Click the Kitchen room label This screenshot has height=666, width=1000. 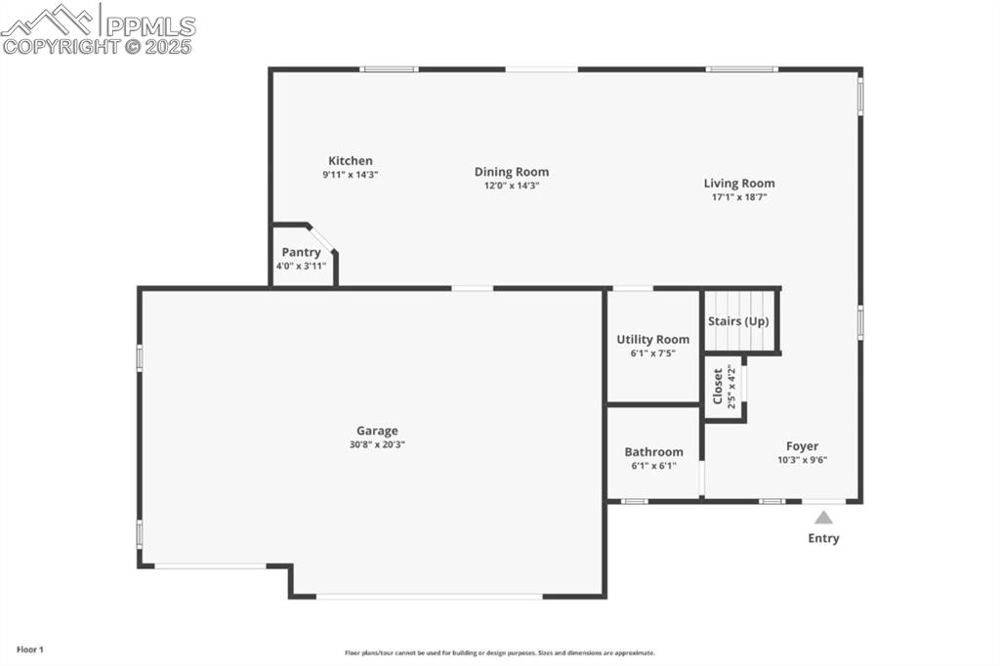point(350,161)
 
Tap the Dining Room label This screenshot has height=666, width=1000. point(512,172)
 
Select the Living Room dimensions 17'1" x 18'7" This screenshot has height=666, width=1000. point(739,196)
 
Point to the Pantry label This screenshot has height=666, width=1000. point(301,252)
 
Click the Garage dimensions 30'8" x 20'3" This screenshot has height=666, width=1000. point(377,444)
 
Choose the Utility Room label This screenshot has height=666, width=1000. point(652,340)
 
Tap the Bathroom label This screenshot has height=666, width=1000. point(653,452)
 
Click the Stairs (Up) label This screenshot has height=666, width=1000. point(738,321)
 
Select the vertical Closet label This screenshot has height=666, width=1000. point(718,386)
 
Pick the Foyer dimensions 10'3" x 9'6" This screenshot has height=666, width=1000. point(803,460)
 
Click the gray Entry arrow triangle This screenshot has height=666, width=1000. point(824,518)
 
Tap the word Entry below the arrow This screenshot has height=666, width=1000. point(823,538)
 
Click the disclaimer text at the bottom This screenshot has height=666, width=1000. point(499,653)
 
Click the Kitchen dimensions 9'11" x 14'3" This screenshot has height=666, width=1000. point(350,175)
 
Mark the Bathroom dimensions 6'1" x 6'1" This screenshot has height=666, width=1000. point(653,466)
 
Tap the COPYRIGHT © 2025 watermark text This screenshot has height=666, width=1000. point(98,46)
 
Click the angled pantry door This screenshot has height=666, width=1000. point(322,238)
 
